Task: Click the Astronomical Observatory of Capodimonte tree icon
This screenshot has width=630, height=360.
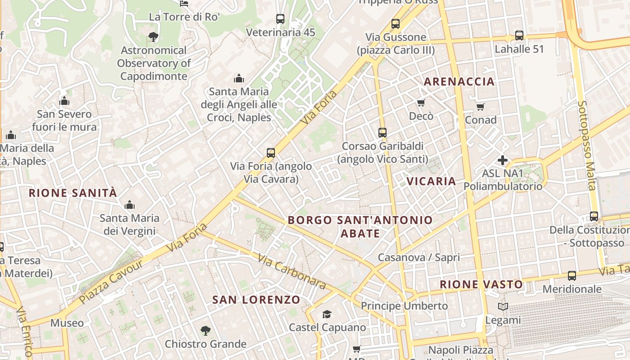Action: click(x=153, y=36)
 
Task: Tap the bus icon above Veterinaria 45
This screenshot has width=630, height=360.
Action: click(x=280, y=19)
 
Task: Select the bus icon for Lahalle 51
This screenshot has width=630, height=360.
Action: click(x=519, y=36)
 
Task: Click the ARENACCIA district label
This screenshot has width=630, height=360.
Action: click(x=459, y=81)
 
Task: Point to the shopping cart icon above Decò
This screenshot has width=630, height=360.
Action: click(x=421, y=103)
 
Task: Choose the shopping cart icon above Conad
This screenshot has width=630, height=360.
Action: click(x=481, y=107)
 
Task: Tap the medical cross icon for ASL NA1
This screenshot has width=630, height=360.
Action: click(x=503, y=160)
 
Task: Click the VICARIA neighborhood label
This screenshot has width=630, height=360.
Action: click(x=432, y=181)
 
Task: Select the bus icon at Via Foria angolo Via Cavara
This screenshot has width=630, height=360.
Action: click(x=271, y=153)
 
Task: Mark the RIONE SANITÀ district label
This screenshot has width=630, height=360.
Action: click(x=73, y=193)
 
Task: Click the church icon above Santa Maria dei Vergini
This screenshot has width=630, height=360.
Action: click(x=130, y=205)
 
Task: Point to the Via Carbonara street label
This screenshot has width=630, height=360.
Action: click(x=292, y=271)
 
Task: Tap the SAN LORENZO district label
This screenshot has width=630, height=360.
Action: click(x=256, y=300)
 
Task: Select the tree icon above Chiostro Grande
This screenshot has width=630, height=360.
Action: click(x=205, y=331)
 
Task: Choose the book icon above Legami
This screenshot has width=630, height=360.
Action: click(x=503, y=307)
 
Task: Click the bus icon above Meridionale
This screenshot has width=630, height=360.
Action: click(x=572, y=276)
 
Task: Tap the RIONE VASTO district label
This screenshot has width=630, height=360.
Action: click(x=481, y=284)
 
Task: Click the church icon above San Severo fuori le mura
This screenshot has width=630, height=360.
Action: click(x=64, y=101)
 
